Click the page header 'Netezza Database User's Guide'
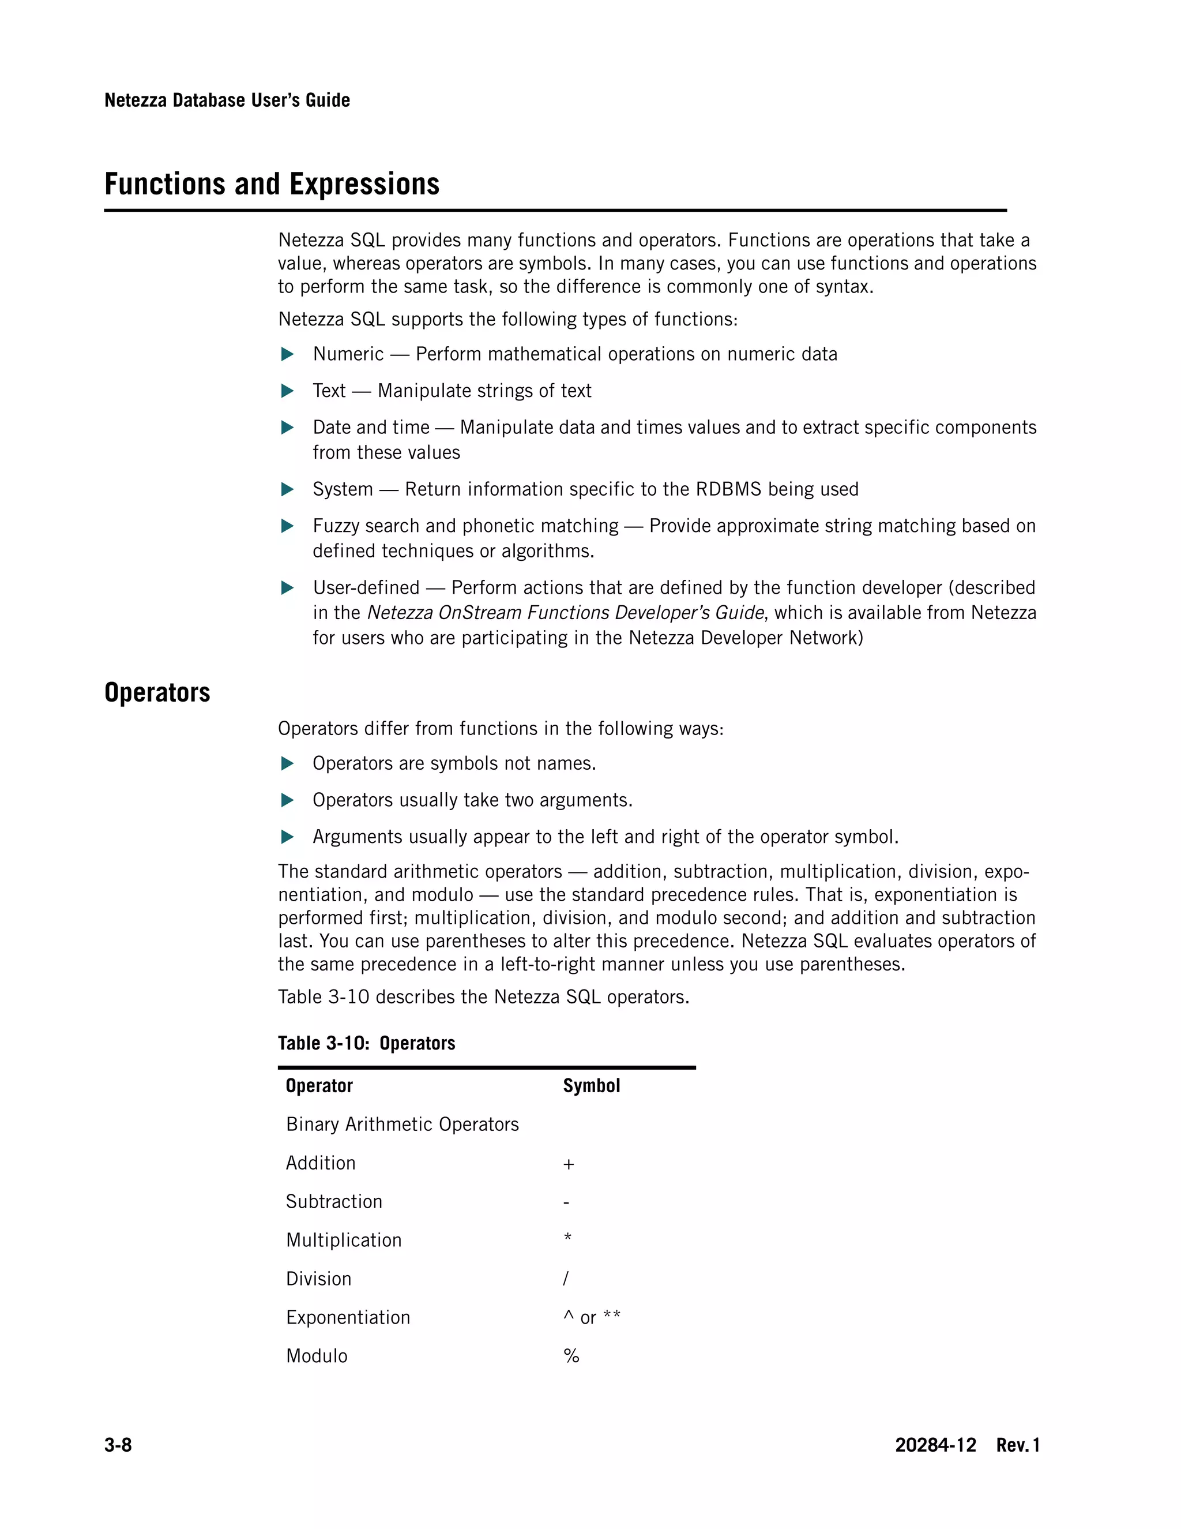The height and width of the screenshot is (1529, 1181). pyautogui.click(x=227, y=100)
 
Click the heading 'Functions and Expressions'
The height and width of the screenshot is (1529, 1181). pyautogui.click(x=272, y=184)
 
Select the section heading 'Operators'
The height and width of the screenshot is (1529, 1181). pyautogui.click(x=157, y=692)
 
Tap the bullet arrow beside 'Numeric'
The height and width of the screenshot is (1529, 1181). pyautogui.click(x=287, y=354)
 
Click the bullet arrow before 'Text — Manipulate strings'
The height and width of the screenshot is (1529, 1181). pyautogui.click(x=287, y=391)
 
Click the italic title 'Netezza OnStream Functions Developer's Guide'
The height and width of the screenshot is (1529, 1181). pyautogui.click(x=565, y=613)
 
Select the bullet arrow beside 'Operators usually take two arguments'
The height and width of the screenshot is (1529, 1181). pyautogui.click(x=287, y=800)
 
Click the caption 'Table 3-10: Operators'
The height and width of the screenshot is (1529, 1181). pyautogui.click(x=366, y=1043)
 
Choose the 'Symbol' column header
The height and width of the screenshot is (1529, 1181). pyautogui.click(x=591, y=1086)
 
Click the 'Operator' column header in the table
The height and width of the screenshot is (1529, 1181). pyautogui.click(x=319, y=1086)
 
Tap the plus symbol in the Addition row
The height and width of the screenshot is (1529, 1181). pyautogui.click(x=568, y=1164)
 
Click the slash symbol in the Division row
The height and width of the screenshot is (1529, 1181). pyautogui.click(x=566, y=1279)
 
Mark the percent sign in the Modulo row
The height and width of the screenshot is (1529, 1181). pyautogui.click(x=571, y=1356)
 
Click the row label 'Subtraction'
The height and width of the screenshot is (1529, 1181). pyautogui.click(x=334, y=1202)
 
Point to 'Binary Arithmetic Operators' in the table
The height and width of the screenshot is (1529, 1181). pyautogui.click(x=403, y=1125)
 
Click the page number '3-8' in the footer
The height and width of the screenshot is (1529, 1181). pyautogui.click(x=118, y=1445)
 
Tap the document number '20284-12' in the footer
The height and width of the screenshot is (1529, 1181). pyautogui.click(x=935, y=1445)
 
